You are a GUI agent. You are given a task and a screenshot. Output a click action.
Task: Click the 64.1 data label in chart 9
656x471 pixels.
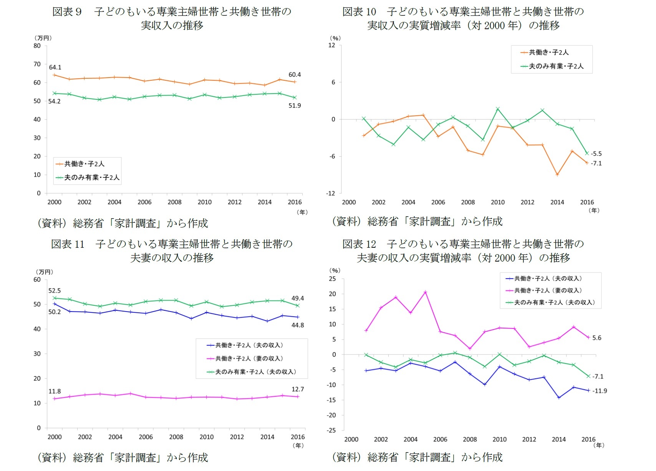click(x=55, y=67)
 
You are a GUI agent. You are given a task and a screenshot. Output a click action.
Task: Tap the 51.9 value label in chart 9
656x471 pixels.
click(x=295, y=106)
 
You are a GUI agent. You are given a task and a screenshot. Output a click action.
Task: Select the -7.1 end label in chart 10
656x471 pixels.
click(x=596, y=163)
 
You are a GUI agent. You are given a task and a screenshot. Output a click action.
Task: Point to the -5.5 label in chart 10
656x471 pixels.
click(x=596, y=154)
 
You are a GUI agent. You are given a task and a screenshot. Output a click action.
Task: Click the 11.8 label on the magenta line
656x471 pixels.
click(x=55, y=391)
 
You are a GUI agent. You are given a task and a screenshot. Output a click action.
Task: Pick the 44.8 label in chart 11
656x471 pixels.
click(x=298, y=325)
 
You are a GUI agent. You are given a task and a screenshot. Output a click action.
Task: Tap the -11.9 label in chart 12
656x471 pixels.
click(x=600, y=391)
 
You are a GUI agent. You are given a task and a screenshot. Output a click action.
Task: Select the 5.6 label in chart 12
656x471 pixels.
click(x=597, y=338)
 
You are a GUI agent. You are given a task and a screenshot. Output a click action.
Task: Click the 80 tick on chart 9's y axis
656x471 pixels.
click(x=37, y=46)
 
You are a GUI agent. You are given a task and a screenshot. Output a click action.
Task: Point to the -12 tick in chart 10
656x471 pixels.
click(x=331, y=193)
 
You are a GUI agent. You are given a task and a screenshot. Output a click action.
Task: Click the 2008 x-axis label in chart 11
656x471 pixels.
click(x=176, y=437)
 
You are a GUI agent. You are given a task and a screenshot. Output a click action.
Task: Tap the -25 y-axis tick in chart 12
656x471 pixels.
click(x=331, y=430)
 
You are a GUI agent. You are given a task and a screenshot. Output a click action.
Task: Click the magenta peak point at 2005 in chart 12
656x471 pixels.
click(x=425, y=292)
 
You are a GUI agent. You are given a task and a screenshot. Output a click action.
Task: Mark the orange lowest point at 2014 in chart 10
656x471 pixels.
click(x=557, y=175)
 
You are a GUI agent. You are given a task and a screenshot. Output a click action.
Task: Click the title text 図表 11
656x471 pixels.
click(x=68, y=244)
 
